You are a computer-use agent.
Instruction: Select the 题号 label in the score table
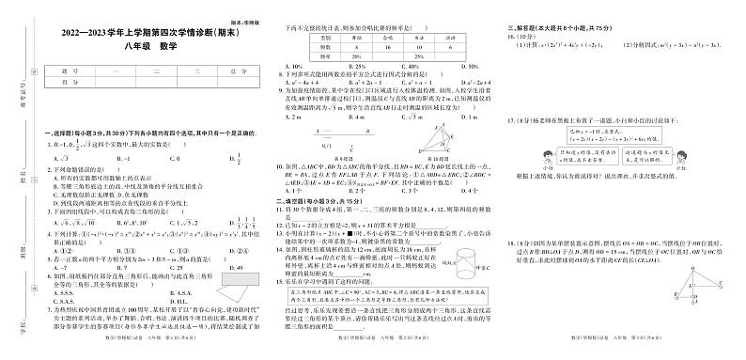pyautogui.click(x=63, y=71)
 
